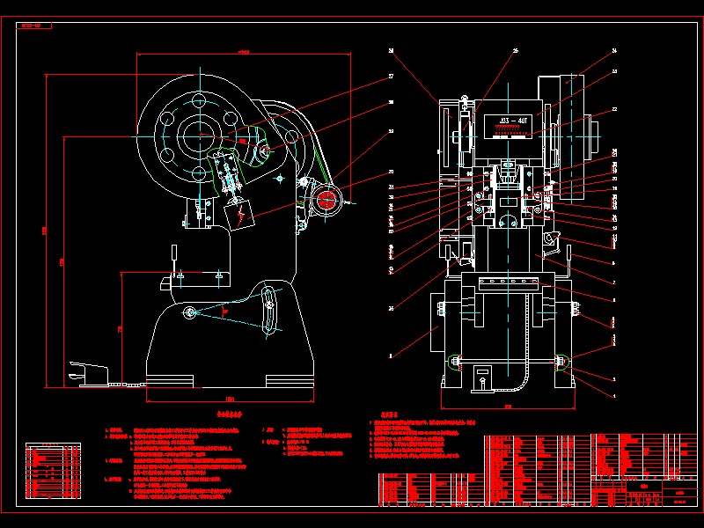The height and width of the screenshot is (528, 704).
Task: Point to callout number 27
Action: point(390,77)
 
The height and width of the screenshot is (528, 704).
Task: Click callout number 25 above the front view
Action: point(516,51)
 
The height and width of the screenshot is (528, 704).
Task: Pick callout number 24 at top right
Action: point(614,51)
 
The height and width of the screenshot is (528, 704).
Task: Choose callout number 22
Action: point(614,109)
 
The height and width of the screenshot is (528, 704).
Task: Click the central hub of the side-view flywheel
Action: point(201,134)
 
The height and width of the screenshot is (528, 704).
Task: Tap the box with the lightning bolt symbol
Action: point(238,213)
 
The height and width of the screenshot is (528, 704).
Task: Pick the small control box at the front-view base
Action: point(480,378)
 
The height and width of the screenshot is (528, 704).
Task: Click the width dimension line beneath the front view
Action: point(508,407)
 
